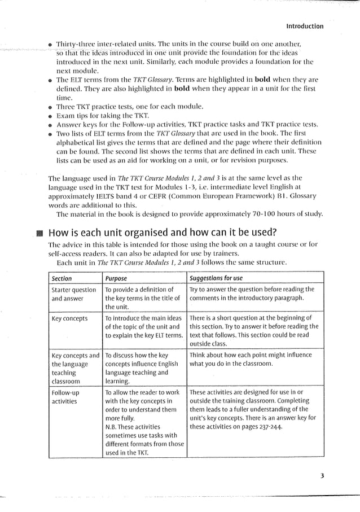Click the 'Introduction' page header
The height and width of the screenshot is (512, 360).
304,26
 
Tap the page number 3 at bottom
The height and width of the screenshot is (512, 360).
322,475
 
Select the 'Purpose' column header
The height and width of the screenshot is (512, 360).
116,278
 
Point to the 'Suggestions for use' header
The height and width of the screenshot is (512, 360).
216,278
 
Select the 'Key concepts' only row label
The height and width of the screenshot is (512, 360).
69,319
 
